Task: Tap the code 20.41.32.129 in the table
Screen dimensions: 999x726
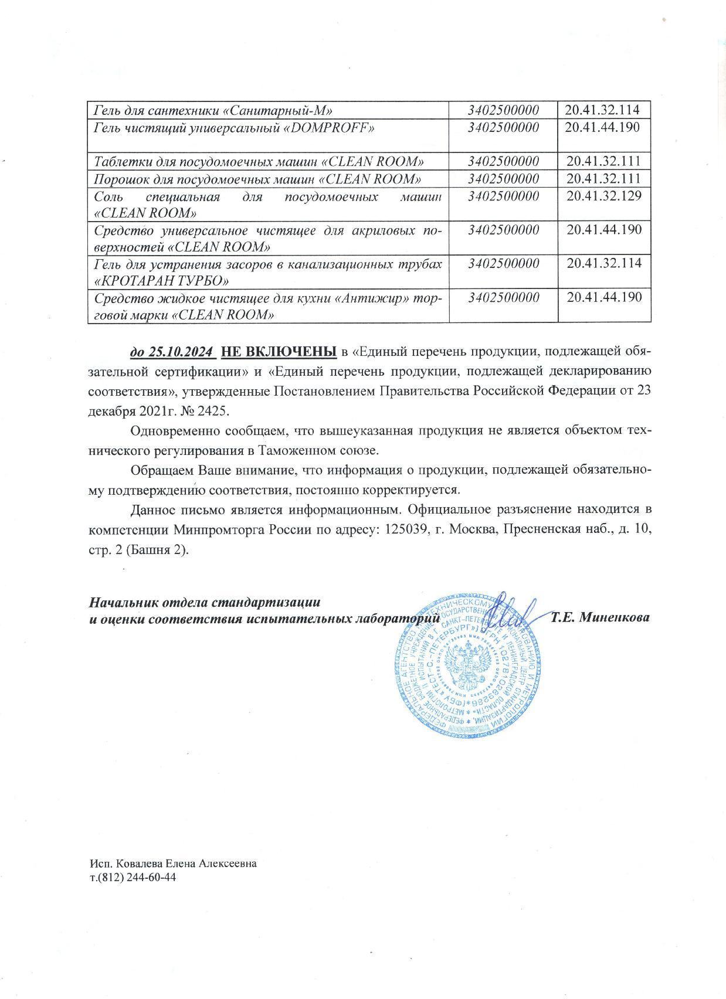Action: pos(604,195)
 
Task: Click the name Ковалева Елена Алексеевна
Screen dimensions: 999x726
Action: pos(186,864)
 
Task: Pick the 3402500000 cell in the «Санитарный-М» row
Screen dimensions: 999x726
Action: pos(503,110)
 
